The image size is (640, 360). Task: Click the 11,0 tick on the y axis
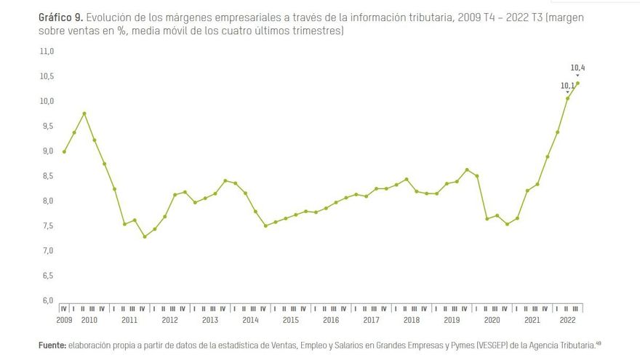coord(47,52)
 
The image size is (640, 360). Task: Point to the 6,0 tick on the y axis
coord(47,300)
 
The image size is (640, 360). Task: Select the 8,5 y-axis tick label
coord(47,176)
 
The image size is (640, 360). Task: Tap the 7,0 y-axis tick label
coord(47,251)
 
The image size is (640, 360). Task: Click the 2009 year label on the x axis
coord(64,320)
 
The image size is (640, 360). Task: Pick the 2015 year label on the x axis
coord(290,320)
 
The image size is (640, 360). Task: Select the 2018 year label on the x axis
coord(411,320)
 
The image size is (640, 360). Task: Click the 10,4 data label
coord(578,68)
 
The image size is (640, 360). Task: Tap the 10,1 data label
coord(567,86)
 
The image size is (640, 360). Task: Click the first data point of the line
coord(65,151)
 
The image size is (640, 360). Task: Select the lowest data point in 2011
coord(145,236)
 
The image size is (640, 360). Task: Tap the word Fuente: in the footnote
coord(52,345)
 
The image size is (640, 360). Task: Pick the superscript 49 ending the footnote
coord(599,343)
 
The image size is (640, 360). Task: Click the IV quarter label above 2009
coord(64,308)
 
